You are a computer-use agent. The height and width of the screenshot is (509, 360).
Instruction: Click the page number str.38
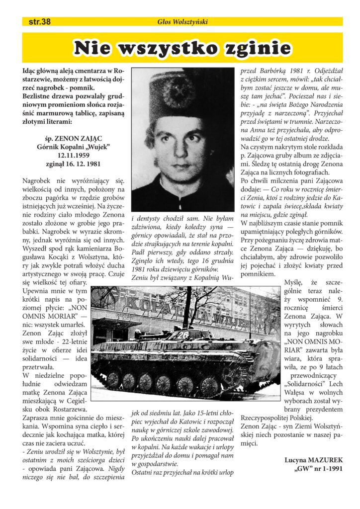tap(39, 21)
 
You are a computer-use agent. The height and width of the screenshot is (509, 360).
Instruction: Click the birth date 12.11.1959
tap(69, 155)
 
